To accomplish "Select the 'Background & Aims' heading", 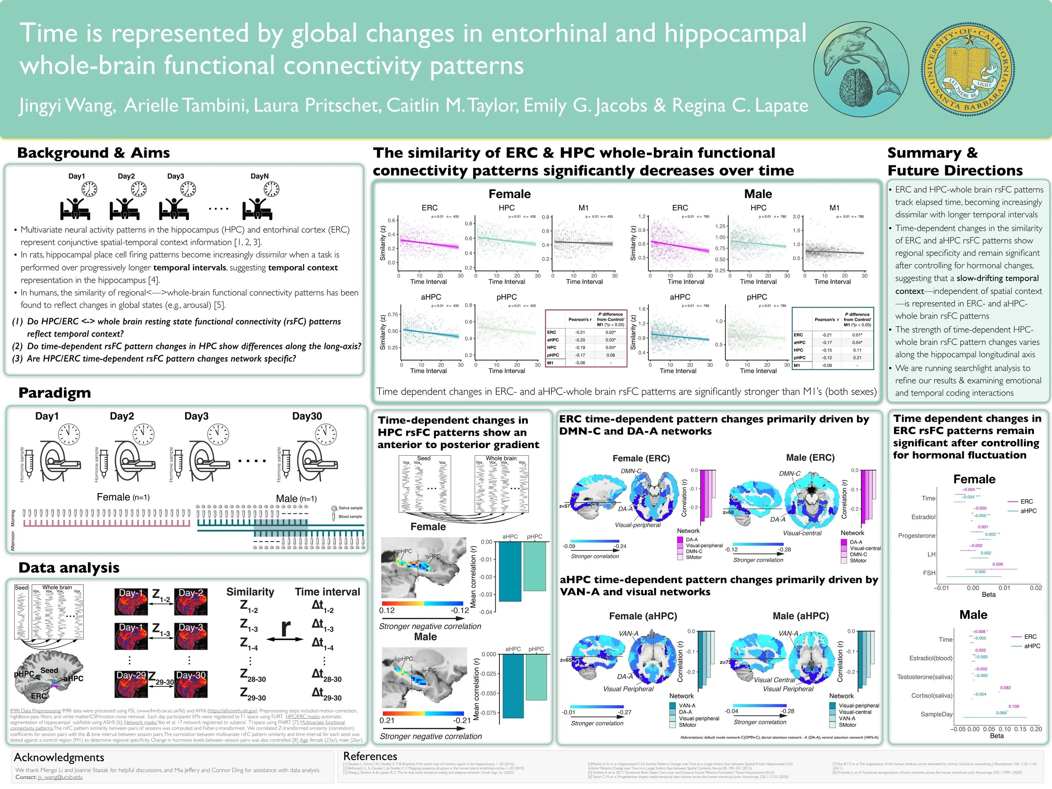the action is click(x=93, y=153).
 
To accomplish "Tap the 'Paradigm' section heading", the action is click(x=54, y=393).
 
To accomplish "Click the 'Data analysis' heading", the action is click(x=69, y=567).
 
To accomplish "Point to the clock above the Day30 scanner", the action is click(x=326, y=434).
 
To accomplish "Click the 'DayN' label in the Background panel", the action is click(x=260, y=176).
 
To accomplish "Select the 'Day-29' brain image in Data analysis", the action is click(x=131, y=684).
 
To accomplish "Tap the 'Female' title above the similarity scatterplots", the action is click(x=509, y=194).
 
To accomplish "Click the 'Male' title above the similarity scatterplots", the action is click(x=758, y=194).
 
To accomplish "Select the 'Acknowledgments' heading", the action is click(x=59, y=757).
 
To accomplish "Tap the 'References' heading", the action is click(x=370, y=756).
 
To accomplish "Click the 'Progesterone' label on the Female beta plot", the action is click(x=917, y=536).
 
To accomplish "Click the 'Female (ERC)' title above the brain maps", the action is click(x=641, y=459).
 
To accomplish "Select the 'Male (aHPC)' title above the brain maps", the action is click(x=800, y=616).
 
